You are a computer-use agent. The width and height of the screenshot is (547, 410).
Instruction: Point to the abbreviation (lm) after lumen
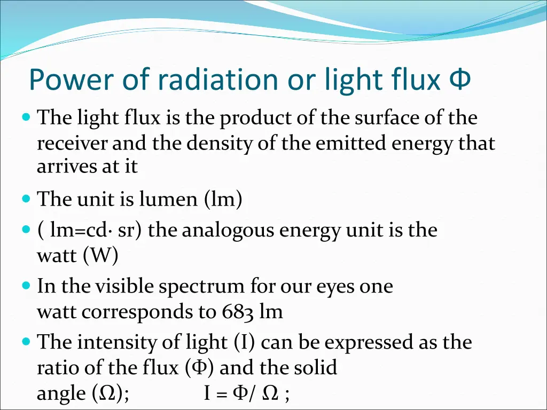(223, 200)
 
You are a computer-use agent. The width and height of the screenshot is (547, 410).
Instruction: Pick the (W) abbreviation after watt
(100, 256)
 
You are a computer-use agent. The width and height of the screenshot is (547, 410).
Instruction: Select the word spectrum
(201, 287)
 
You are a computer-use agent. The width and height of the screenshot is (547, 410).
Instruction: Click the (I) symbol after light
(245, 342)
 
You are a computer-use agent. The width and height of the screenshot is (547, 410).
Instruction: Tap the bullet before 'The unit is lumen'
(27, 199)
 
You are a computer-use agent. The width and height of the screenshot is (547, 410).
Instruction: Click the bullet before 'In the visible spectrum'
(27, 286)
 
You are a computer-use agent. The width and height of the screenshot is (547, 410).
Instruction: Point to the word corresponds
(137, 312)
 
